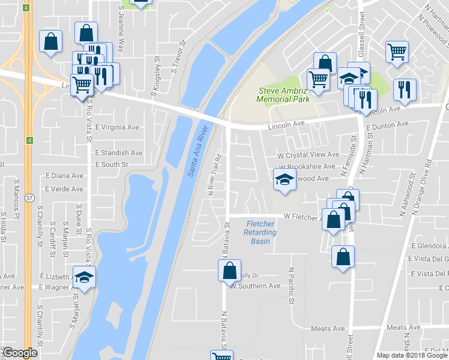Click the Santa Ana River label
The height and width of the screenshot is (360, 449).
pos(198,151)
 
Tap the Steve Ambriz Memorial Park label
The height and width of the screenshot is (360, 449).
pos(284,95)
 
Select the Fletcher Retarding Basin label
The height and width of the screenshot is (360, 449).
pos(261,232)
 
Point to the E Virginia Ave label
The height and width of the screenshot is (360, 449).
pos(117,127)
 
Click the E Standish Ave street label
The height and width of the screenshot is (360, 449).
pos(119,153)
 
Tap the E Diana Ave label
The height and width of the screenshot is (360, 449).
pos(64,176)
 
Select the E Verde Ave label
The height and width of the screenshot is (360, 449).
pos(64,188)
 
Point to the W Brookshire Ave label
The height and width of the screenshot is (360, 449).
pos(306,167)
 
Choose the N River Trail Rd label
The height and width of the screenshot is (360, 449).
pos(211,174)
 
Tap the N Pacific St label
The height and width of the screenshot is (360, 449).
pos(291,285)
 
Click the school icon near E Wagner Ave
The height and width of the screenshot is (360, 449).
pos(85,277)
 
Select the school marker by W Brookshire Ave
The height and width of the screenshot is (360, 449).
pos(285,179)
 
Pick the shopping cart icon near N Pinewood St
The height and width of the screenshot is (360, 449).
pos(397,52)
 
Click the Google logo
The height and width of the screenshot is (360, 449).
pos(20,353)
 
